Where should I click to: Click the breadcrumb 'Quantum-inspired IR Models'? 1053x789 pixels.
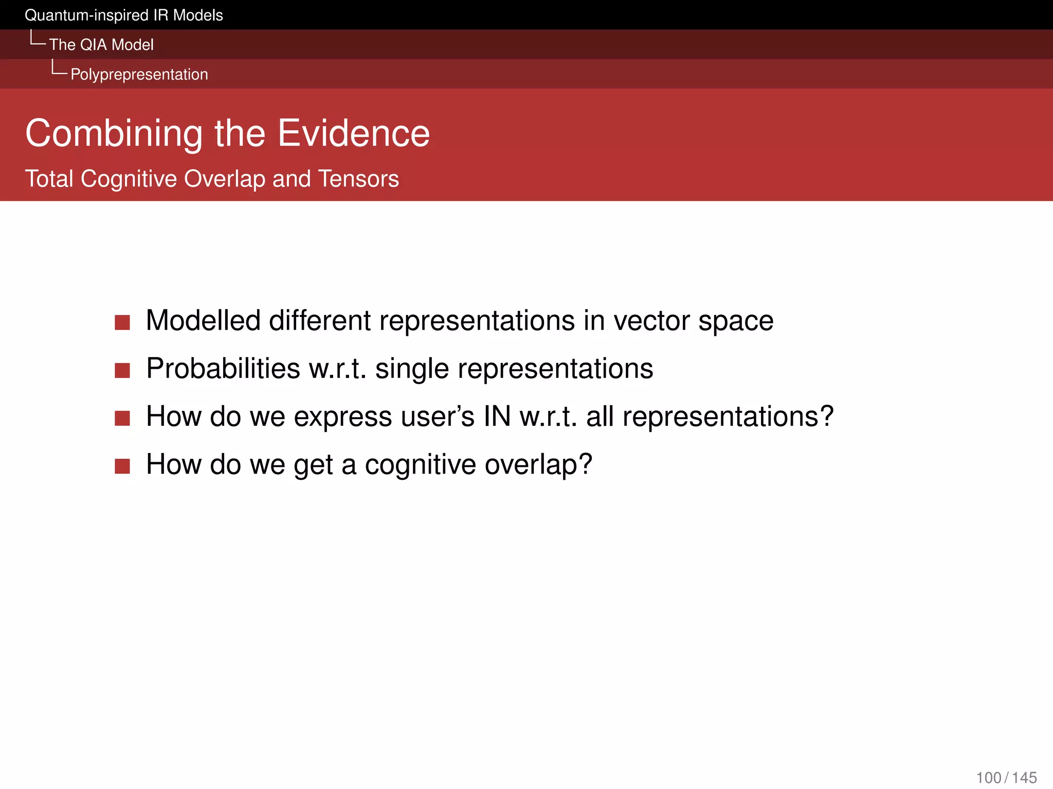(123, 15)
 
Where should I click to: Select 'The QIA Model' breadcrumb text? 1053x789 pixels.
(101, 45)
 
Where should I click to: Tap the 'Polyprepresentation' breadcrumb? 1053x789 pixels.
(139, 74)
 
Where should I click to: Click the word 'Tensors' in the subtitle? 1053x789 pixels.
(358, 179)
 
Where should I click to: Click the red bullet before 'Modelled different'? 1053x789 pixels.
(122, 323)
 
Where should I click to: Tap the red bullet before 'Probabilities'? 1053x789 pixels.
(122, 370)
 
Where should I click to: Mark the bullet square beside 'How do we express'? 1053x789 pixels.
(122, 418)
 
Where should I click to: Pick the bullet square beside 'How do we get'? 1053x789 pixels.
(122, 466)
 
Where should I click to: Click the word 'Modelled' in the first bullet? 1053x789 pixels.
(203, 321)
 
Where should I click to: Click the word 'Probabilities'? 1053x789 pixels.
(223, 369)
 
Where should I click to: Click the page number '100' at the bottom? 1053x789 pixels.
(988, 778)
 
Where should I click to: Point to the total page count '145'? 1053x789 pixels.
(1024, 778)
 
